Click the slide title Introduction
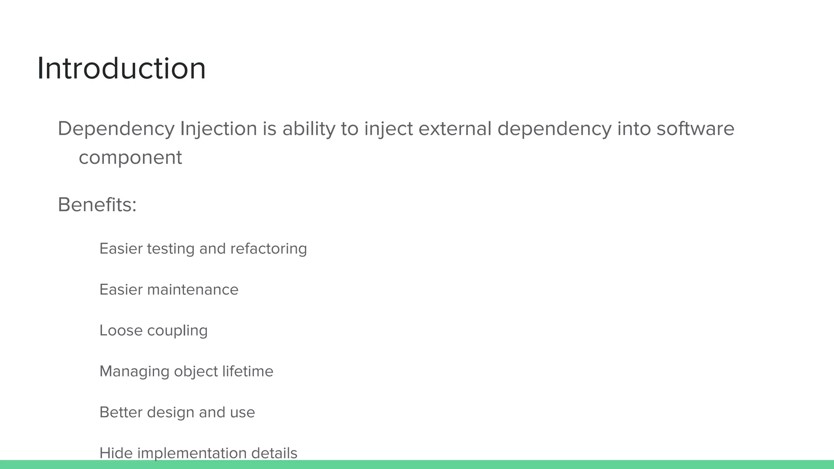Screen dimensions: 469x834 click(121, 68)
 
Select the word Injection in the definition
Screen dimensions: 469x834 click(218, 129)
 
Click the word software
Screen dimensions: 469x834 click(695, 129)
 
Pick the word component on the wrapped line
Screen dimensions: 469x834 click(130, 158)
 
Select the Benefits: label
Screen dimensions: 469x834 click(97, 204)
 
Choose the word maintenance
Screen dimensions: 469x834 click(193, 290)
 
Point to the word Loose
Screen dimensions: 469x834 click(121, 331)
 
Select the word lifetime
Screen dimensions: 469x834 click(248, 371)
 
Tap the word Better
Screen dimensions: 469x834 click(121, 412)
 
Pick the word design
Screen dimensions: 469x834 click(170, 413)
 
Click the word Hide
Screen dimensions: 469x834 click(116, 453)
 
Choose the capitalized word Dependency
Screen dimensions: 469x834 click(116, 129)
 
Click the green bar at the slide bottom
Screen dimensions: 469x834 click(417, 465)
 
